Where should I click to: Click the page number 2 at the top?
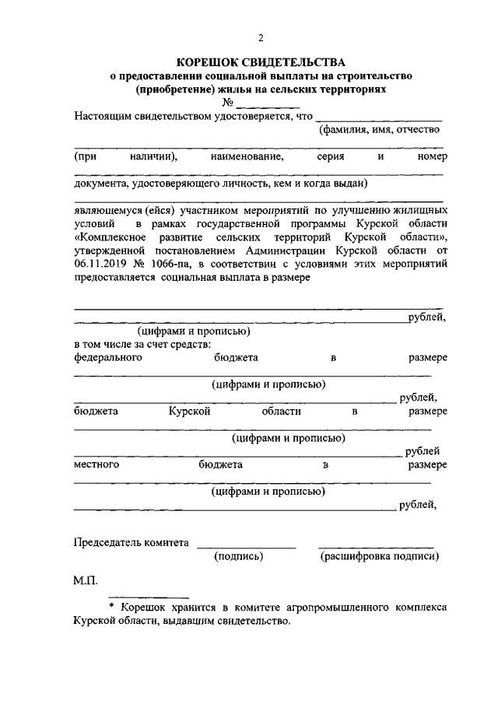pos(261,37)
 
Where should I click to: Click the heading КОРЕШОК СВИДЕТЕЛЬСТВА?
pos(260,62)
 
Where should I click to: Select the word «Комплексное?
pos(107,236)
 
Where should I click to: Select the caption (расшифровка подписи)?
pos(379,556)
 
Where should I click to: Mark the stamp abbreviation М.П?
pos(86,582)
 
